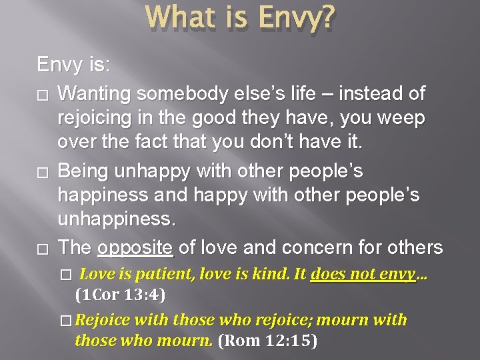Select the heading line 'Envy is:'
[x=74, y=65]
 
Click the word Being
[x=84, y=171]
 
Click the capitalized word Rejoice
[x=101, y=320]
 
